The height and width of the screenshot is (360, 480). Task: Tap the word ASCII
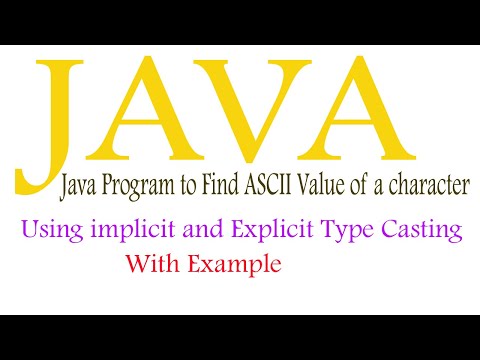[262, 184]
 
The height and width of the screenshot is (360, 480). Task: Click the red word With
[151, 265]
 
